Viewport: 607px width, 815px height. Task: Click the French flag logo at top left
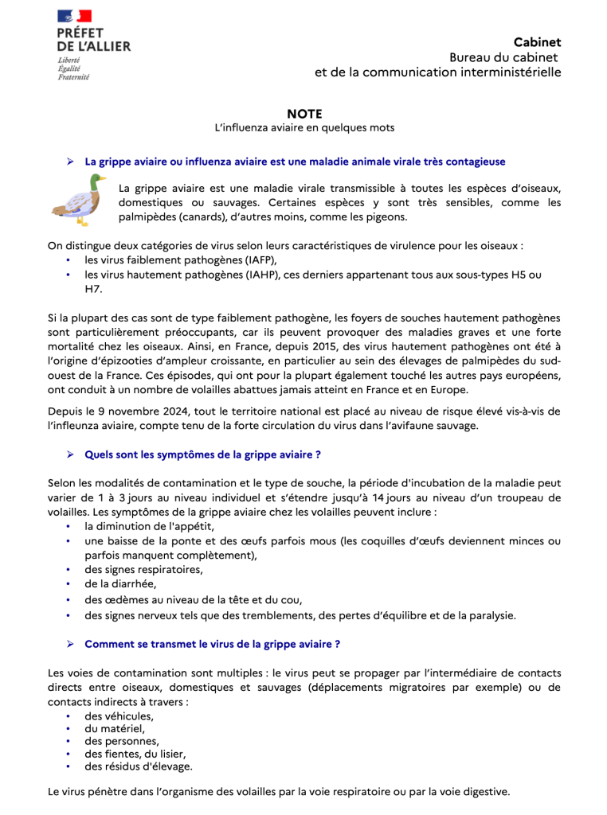pos(74,16)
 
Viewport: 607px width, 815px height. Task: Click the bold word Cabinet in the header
pos(537,42)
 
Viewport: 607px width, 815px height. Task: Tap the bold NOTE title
pos(304,114)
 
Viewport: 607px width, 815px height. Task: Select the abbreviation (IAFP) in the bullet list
pos(259,260)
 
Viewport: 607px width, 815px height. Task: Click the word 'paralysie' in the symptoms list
pos(491,615)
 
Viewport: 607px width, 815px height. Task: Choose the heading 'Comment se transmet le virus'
pos(212,644)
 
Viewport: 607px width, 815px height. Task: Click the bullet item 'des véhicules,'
pos(119,716)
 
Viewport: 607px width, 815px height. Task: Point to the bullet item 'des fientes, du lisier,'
pos(135,754)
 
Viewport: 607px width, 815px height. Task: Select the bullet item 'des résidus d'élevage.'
pos(139,766)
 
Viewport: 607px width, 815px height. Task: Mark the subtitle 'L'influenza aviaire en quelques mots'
pos(304,128)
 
